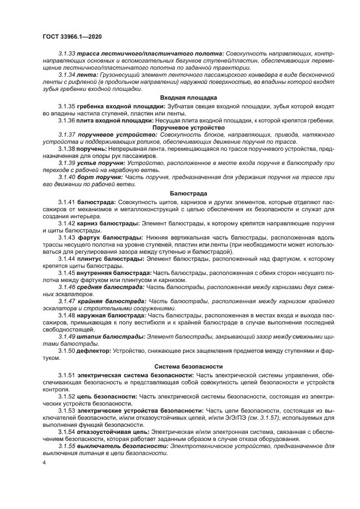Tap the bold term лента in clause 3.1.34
(87, 73)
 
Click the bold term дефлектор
(94, 351)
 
